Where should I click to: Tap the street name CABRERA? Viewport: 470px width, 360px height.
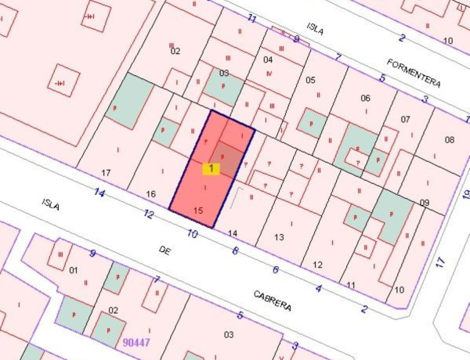pyautogui.click(x=272, y=301)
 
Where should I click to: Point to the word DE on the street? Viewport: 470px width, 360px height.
pyautogui.click(x=164, y=250)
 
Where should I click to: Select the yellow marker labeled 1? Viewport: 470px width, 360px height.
pyautogui.click(x=211, y=168)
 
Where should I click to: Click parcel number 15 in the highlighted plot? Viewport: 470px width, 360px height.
pyautogui.click(x=198, y=211)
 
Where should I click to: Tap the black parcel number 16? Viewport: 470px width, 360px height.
pyautogui.click(x=152, y=194)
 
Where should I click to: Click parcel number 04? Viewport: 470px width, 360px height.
pyautogui.click(x=268, y=59)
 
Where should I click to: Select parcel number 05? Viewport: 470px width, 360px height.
pyautogui.click(x=310, y=80)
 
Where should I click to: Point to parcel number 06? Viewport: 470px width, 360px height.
pyautogui.click(x=365, y=98)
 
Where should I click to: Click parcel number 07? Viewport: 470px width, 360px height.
pyautogui.click(x=405, y=120)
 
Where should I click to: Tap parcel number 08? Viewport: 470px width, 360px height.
pyautogui.click(x=450, y=140)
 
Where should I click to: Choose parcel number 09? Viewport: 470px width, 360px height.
pyautogui.click(x=424, y=203)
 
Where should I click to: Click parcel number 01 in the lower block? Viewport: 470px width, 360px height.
pyautogui.click(x=74, y=271)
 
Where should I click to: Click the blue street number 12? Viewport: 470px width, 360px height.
pyautogui.click(x=149, y=214)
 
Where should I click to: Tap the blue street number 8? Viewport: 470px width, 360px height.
pyautogui.click(x=235, y=250)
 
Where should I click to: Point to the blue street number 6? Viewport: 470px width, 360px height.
pyautogui.click(x=276, y=269)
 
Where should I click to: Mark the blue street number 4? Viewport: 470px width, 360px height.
pyautogui.click(x=318, y=289)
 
